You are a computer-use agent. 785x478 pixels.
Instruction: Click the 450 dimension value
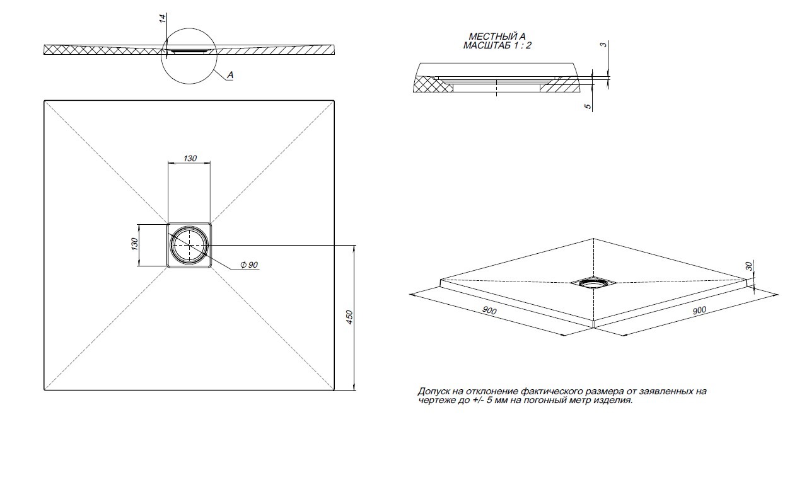coord(349,317)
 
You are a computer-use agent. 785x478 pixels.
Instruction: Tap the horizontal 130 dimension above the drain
coord(190,158)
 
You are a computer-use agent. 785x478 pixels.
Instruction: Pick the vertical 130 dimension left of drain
coord(134,245)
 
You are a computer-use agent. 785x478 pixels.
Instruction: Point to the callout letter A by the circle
coord(230,75)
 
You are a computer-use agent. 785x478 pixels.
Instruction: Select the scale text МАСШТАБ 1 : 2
coord(497,45)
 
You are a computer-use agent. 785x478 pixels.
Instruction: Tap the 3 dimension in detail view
coord(603,44)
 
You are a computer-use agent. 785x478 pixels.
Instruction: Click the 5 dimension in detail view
coord(588,107)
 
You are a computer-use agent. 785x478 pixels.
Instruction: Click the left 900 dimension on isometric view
coord(489,312)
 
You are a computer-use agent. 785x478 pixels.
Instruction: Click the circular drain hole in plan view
coord(189,244)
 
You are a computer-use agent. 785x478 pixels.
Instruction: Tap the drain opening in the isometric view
coord(593,283)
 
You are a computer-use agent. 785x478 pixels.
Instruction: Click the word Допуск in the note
coord(433,391)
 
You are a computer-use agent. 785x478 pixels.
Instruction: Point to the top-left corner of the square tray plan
coord(44,100)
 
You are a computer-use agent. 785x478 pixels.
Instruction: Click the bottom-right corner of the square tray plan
coord(334,390)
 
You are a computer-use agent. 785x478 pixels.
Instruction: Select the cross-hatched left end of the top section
coord(57,50)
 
